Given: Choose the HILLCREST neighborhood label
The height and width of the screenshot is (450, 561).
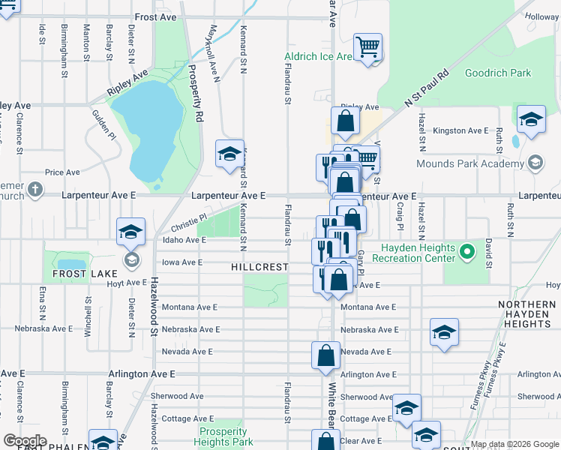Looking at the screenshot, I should coord(259,267).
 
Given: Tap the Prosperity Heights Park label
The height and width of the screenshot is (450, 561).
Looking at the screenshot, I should coord(223,436).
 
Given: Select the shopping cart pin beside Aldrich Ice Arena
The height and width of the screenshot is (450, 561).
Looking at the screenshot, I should coord(367,47).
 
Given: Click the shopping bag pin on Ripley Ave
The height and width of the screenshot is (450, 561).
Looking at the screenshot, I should coord(344,121).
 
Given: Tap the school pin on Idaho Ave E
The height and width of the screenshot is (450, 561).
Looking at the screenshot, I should coord(130,231).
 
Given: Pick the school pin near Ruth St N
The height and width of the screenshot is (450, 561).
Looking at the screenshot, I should coord(531,119).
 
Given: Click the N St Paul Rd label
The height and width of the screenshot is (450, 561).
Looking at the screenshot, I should coord(426,89).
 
